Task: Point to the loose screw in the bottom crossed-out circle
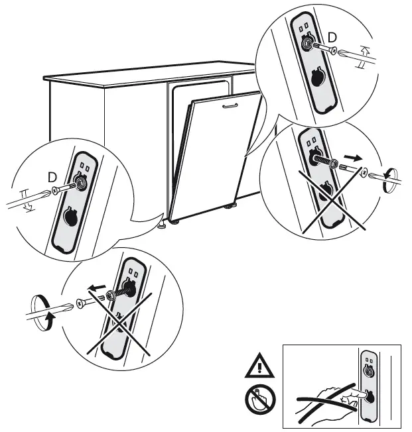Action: (84, 303)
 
